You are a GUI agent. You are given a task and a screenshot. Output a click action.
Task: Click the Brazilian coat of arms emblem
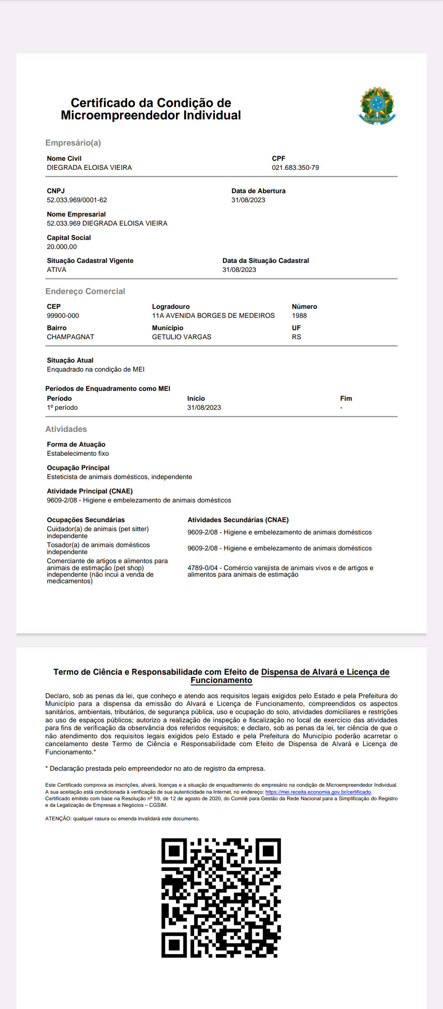point(377,106)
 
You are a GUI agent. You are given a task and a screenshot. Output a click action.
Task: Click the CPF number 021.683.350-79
point(295,168)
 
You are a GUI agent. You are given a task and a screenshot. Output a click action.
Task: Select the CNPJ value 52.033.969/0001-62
point(77,200)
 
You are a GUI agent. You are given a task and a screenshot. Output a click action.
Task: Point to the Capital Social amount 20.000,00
point(62,247)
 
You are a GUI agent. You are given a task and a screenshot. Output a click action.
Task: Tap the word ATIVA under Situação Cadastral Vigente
point(57,270)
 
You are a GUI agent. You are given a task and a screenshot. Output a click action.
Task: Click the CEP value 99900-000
point(63,316)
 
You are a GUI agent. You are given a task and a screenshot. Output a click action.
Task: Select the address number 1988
point(299,316)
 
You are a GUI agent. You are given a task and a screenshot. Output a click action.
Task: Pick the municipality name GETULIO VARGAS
point(182,337)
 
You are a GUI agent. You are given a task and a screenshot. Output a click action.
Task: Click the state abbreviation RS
point(297,337)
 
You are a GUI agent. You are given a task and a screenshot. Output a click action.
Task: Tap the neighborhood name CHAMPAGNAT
point(71,337)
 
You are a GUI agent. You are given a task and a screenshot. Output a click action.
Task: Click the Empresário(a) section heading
point(73,143)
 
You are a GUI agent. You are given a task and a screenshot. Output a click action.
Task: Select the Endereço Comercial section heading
point(85,291)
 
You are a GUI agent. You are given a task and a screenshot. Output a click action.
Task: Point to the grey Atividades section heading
point(66,429)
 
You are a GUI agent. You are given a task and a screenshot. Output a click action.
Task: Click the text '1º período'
point(62,408)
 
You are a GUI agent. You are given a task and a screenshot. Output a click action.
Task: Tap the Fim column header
point(346,399)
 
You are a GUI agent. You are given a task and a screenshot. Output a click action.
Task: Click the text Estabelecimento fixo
point(78,454)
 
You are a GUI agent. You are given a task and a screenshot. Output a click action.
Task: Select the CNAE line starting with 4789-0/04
point(280,571)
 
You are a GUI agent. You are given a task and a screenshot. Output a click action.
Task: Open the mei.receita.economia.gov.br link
point(318,792)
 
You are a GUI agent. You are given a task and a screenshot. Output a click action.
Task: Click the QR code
point(221,898)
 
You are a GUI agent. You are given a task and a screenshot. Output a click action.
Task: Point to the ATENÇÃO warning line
point(122,819)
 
